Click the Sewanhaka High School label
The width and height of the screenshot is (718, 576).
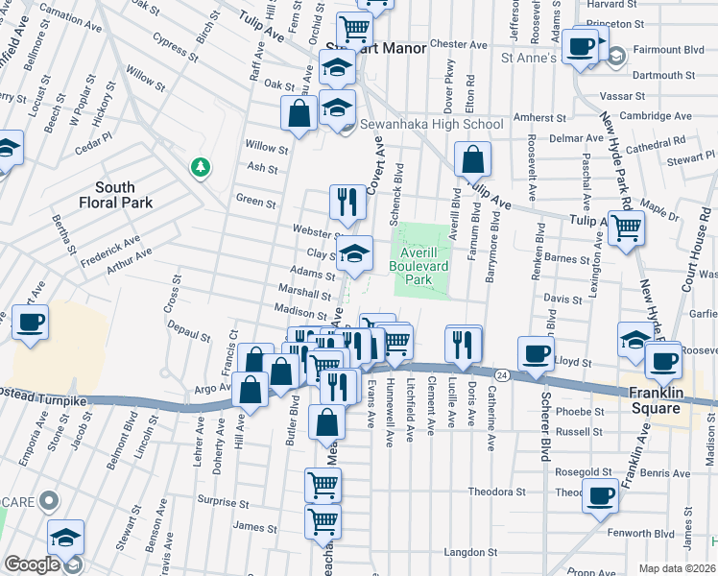[x=431, y=124]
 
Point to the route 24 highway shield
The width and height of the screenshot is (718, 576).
[x=503, y=372]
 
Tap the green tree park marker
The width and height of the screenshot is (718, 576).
[x=201, y=168]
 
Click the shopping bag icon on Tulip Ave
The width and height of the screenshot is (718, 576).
[x=472, y=158]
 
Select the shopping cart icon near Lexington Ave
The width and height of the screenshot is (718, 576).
[x=626, y=229]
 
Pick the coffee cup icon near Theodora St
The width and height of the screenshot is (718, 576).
[x=601, y=496]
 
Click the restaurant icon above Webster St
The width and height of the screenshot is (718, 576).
[x=347, y=203]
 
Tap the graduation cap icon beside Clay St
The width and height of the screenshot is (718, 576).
[x=355, y=254]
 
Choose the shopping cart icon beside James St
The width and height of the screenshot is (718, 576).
[x=323, y=521]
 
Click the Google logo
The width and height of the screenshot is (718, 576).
[x=32, y=564]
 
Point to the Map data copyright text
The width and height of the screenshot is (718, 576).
[x=678, y=568]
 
